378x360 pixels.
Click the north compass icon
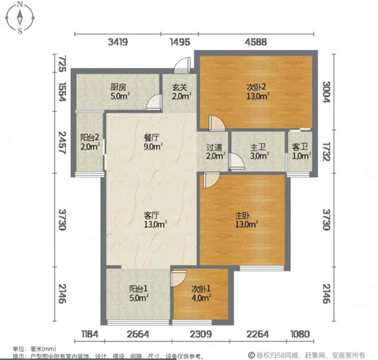click(20, 17)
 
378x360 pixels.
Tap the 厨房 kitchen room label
click(119, 87)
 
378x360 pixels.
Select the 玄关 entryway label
click(180, 87)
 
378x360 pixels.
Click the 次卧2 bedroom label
click(256, 87)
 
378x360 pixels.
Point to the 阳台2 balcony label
click(90, 137)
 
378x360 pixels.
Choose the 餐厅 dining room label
click(152, 137)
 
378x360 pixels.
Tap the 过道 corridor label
click(215, 147)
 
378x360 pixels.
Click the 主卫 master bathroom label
click(258, 147)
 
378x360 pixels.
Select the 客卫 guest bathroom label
click(300, 147)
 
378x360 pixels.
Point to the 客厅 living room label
click(151, 215)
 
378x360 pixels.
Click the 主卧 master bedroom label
click(243, 215)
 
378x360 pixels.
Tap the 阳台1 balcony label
click(138, 288)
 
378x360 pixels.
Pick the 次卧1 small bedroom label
click(201, 288)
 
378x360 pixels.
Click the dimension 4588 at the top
click(256, 42)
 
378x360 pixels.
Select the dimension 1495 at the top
click(180, 42)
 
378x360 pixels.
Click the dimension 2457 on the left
click(62, 142)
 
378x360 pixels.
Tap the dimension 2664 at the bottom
click(138, 334)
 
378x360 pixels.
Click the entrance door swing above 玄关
click(183, 65)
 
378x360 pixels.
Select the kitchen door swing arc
click(154, 102)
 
